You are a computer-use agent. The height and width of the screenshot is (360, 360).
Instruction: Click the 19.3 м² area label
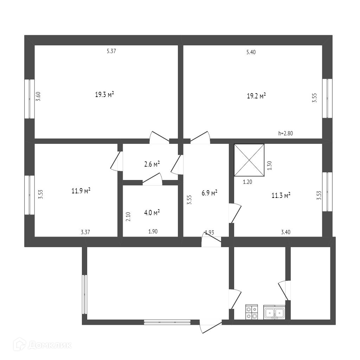(x=104, y=95)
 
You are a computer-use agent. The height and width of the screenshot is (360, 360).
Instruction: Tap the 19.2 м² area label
(x=256, y=96)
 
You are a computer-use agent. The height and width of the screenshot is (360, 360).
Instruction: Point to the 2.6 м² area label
(x=152, y=164)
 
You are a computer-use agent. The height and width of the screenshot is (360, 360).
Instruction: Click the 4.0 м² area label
(x=152, y=212)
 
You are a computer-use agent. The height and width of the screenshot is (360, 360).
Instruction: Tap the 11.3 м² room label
(x=281, y=195)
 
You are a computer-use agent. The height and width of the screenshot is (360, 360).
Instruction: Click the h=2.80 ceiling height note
(x=285, y=133)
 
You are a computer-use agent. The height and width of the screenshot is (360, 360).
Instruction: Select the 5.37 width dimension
(x=111, y=51)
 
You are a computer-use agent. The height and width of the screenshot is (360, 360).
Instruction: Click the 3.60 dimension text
(x=39, y=96)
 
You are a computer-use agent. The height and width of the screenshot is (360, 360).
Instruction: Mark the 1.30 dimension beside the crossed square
(x=270, y=166)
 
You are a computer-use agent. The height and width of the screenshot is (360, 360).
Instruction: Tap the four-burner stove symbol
(x=251, y=312)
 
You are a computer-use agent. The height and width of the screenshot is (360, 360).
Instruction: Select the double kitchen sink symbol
(x=274, y=312)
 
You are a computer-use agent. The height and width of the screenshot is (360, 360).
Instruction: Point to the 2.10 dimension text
(x=128, y=216)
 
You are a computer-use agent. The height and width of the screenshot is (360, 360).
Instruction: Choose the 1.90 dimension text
(x=153, y=232)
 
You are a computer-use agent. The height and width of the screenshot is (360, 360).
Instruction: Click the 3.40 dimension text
(x=285, y=232)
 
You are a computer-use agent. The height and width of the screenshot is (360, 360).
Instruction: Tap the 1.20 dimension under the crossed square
(x=248, y=182)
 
